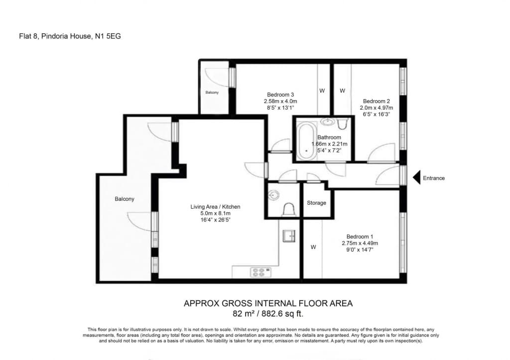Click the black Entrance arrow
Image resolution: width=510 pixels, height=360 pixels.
417,178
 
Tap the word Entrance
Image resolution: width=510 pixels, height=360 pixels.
434,178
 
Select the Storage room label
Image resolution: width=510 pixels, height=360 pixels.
316,203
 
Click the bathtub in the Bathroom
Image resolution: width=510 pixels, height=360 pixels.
307,140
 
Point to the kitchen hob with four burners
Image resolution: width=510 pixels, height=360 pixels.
260,272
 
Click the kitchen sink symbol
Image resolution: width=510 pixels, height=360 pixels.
289,236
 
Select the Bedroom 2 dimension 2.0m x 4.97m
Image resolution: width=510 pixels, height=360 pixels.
377,108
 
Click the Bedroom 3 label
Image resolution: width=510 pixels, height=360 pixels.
280,95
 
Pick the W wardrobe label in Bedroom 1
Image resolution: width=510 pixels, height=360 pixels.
313,247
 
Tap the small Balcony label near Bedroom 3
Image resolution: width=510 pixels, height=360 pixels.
212,92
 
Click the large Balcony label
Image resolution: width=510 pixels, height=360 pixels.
124,199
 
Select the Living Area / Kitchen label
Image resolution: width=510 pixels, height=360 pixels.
215,207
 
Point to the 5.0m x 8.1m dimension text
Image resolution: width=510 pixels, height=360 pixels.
215,213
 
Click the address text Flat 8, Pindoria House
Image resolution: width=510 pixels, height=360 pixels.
55,36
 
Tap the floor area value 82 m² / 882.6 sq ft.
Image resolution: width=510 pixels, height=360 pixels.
268,314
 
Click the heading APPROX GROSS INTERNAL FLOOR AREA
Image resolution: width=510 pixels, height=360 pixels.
268,303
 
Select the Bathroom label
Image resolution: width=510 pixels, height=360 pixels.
329,137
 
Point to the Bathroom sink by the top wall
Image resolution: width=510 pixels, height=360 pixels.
328,122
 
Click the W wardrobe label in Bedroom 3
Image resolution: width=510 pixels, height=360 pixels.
322,91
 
